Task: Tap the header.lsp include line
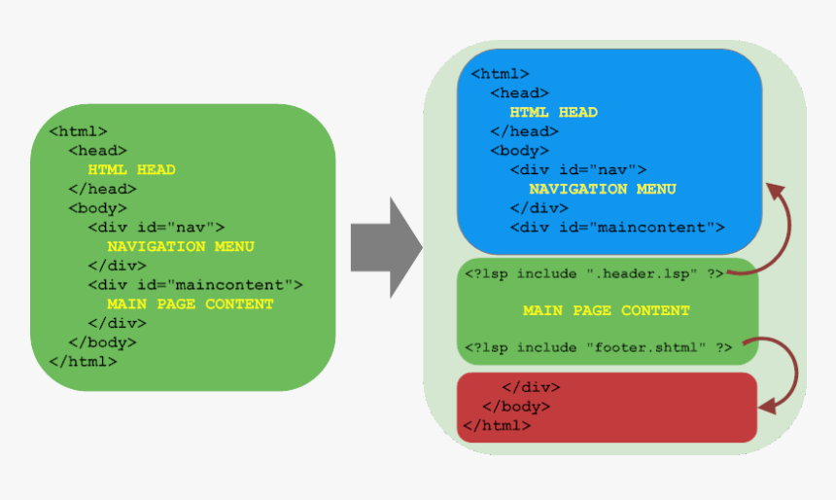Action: [594, 273]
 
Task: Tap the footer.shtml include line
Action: [598, 347]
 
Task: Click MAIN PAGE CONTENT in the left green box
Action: [191, 304]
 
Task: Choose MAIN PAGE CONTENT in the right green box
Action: [607, 310]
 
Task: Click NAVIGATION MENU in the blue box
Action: [603, 189]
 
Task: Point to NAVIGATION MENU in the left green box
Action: [181, 246]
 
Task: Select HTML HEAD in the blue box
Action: [553, 112]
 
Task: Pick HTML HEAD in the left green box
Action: [131, 169]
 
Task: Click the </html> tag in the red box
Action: [497, 425]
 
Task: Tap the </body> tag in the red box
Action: [516, 407]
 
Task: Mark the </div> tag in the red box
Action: [531, 387]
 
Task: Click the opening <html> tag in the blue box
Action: [500, 74]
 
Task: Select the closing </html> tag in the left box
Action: [84, 362]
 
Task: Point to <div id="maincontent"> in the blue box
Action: [617, 228]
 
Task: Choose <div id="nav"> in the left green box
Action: [157, 228]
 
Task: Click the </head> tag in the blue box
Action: [524, 131]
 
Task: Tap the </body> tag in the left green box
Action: [102, 342]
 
